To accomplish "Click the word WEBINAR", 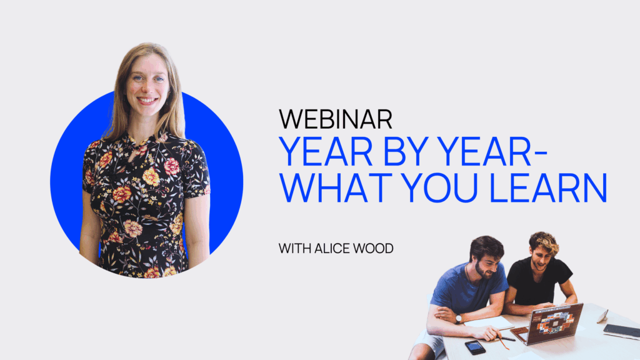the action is coord(336,119).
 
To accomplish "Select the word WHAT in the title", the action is coord(336,188).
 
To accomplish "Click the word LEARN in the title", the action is coord(548,188).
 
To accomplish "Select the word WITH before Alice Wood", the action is coord(295,248).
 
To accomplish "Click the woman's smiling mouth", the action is coord(147,100).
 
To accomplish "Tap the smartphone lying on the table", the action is coord(475,347).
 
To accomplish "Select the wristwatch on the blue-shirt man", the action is coord(459,319).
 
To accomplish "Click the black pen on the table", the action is coord(506,338).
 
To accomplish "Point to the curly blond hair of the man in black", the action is coord(544,242).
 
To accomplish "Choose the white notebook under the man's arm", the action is coord(490,324).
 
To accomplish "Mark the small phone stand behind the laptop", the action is coord(602,316).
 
